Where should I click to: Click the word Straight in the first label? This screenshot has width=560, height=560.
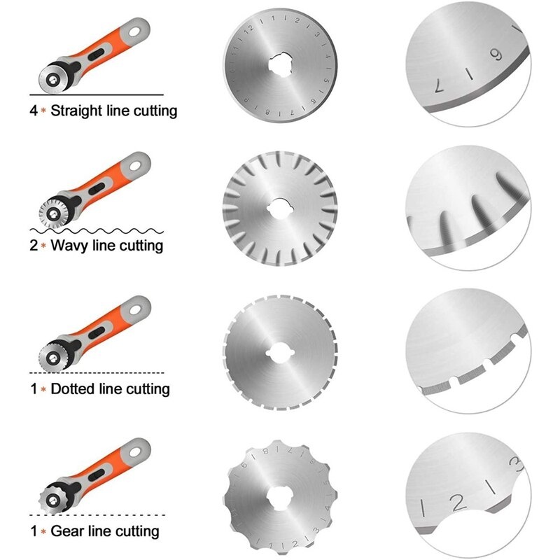point(76,111)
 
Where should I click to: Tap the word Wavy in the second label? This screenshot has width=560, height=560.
point(69,246)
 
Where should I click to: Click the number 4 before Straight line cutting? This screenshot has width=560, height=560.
point(34,111)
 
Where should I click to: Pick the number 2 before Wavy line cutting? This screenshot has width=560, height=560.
point(34,246)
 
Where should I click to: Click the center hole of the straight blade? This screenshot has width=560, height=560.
point(281,64)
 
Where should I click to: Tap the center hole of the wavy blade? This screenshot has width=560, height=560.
point(280,208)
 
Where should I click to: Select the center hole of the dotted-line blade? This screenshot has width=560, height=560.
point(279,353)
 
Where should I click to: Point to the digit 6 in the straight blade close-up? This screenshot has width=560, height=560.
point(496,55)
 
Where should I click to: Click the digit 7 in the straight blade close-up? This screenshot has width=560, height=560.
point(440,86)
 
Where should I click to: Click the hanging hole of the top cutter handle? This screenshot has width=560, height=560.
point(134,31)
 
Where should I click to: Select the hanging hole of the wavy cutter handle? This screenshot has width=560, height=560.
point(135,166)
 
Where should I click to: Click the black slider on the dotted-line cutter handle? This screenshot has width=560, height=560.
point(97,332)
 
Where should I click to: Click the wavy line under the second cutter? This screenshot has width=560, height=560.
point(97,231)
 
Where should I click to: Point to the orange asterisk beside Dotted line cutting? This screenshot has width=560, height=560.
point(43,389)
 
